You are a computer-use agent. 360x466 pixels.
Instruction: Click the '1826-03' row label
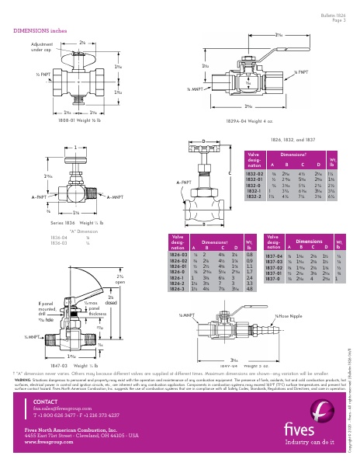(x=178, y=254)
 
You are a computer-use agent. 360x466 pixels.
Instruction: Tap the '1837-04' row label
(x=274, y=255)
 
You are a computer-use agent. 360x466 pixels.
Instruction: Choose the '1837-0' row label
(x=272, y=279)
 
